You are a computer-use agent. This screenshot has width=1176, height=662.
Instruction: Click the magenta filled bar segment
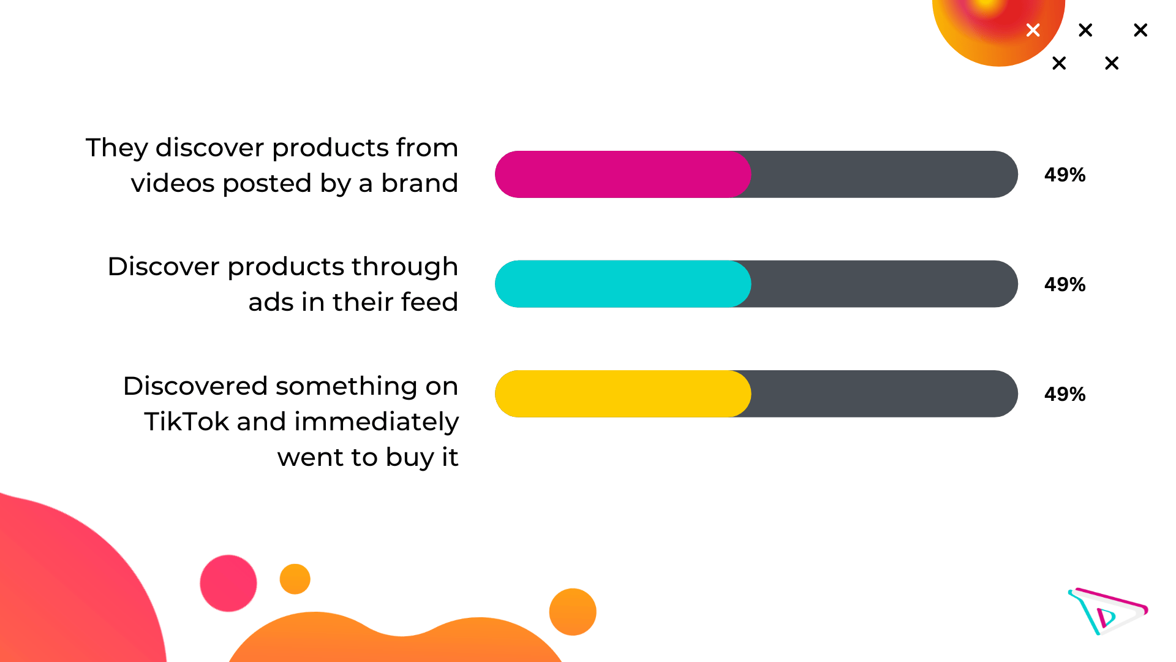click(623, 174)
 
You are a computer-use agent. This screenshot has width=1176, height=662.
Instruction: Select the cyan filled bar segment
click(623, 284)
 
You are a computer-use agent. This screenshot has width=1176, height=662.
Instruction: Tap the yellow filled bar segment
click(623, 394)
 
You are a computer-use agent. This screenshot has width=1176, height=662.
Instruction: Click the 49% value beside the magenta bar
click(1065, 175)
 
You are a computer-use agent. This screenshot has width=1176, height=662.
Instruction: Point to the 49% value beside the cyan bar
click(1065, 284)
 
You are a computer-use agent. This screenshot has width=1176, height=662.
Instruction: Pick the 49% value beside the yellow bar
click(1065, 394)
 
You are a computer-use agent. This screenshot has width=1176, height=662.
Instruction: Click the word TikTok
click(186, 422)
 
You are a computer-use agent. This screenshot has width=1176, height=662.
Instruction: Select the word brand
click(420, 183)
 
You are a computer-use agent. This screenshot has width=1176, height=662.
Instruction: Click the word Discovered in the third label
click(195, 386)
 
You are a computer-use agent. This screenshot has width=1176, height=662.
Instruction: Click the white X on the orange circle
click(1033, 30)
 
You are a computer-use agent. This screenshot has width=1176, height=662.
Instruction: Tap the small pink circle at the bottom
click(228, 583)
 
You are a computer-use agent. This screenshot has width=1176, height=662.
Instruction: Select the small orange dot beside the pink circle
click(295, 579)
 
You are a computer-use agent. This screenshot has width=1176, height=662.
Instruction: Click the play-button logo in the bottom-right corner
click(1107, 611)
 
